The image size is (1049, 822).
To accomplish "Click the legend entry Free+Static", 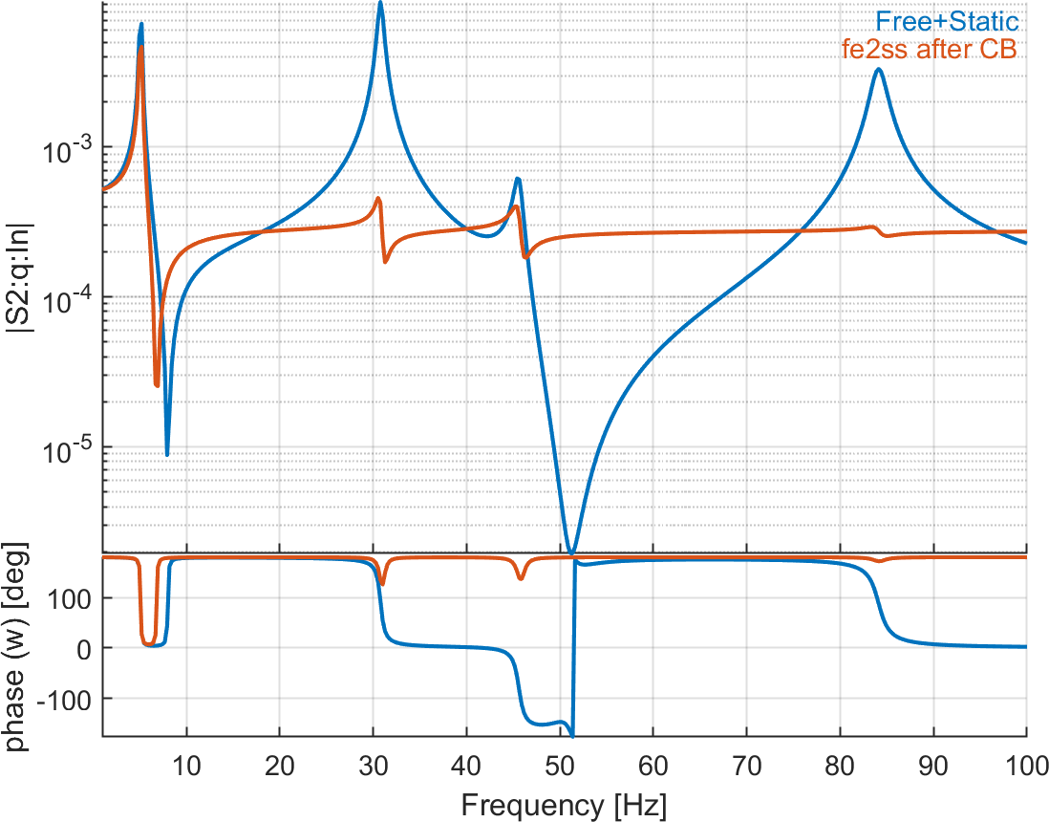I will click(955, 21).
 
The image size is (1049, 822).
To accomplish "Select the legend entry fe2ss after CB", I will click(929, 50).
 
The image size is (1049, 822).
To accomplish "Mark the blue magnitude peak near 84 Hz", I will click(878, 69).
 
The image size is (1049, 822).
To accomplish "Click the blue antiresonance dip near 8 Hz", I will click(167, 454).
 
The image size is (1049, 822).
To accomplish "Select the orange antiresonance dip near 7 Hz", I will click(157, 385).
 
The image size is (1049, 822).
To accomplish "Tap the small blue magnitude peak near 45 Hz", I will click(517, 179).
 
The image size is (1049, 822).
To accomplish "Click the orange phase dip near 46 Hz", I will click(521, 578).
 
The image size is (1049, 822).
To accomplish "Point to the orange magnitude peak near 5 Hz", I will click(141, 48).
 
